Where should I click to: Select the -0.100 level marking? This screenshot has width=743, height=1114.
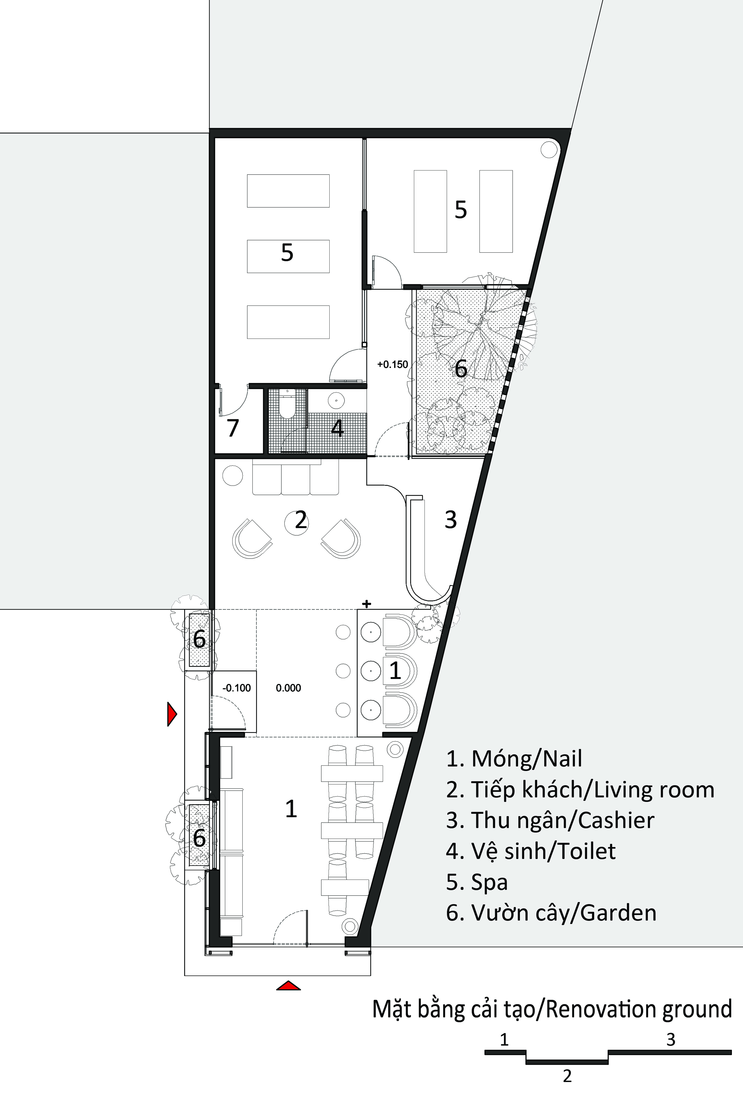tap(236, 688)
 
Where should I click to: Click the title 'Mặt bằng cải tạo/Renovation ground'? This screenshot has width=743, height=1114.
tap(552, 1010)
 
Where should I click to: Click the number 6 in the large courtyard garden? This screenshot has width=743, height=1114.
tap(461, 369)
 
